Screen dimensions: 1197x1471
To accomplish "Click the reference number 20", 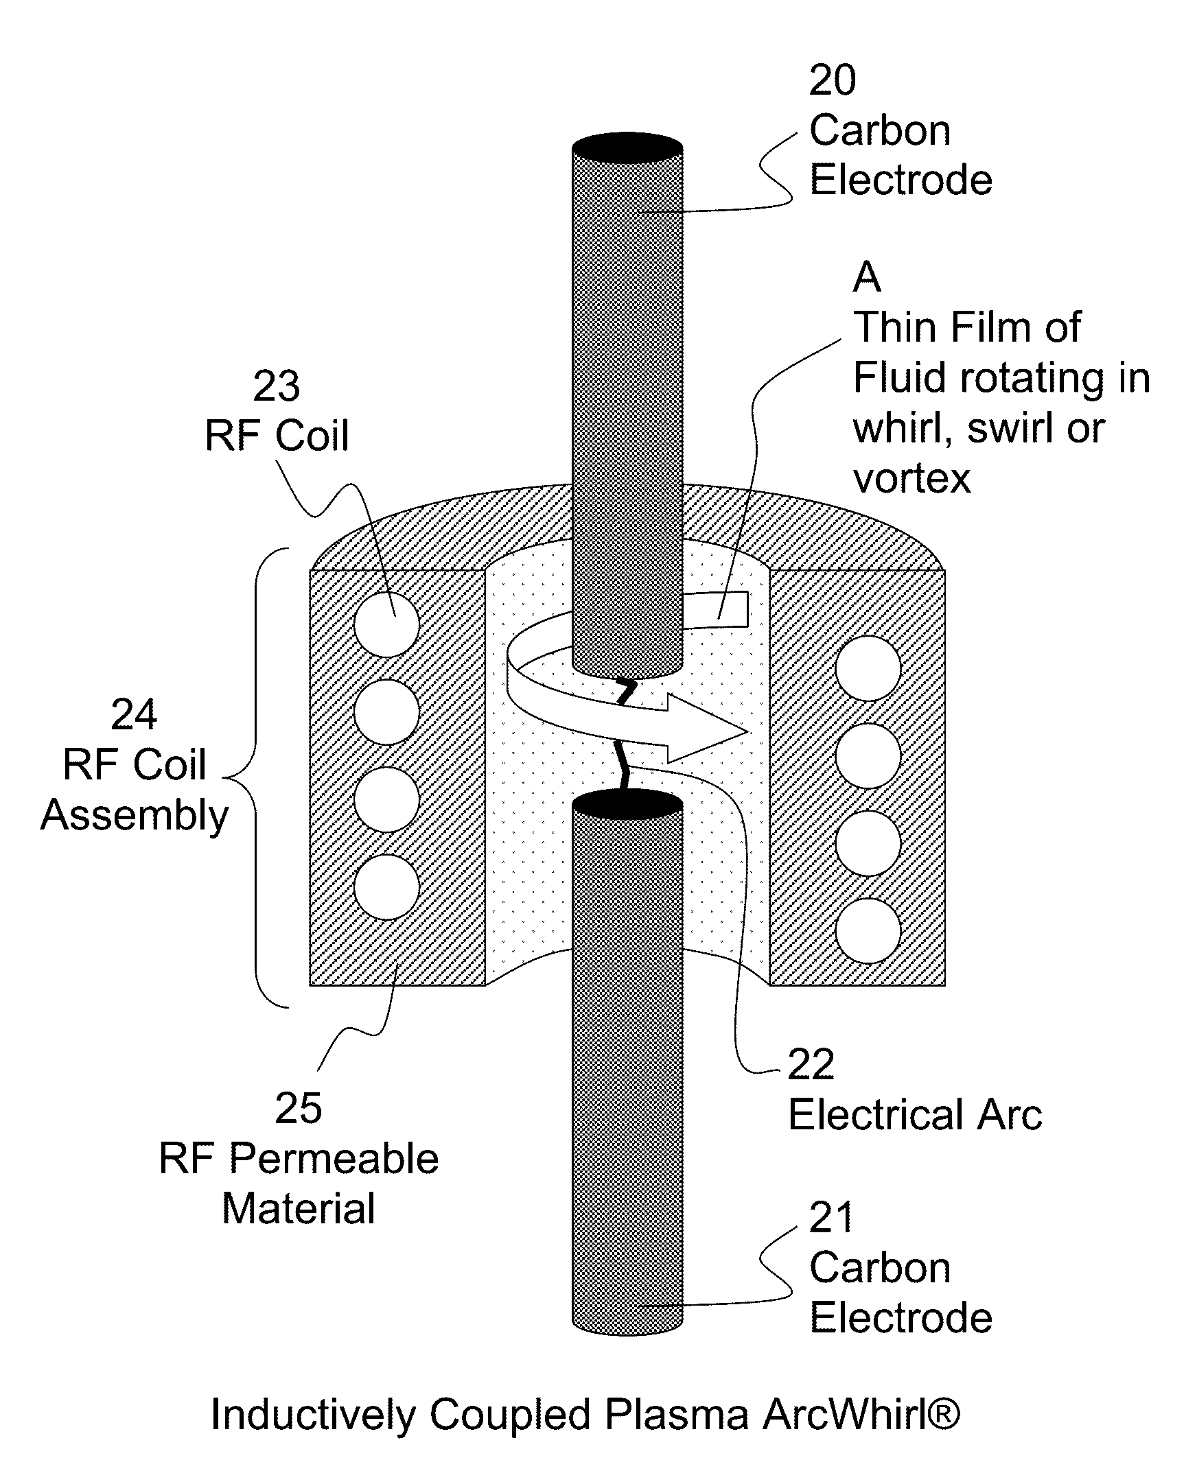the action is [833, 80].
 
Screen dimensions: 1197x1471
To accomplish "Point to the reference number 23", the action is [277, 386].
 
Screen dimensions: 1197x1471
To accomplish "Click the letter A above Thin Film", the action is [867, 277].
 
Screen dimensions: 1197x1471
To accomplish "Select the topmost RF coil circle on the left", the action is [387, 624].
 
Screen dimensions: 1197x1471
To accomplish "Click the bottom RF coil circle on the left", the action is [387, 887].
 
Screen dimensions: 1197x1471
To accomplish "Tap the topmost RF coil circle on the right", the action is [868, 668].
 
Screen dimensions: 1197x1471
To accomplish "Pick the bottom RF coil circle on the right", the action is [868, 930].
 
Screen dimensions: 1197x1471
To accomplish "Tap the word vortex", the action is [911, 478].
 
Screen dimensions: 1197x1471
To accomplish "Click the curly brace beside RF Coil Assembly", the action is [242, 777].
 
